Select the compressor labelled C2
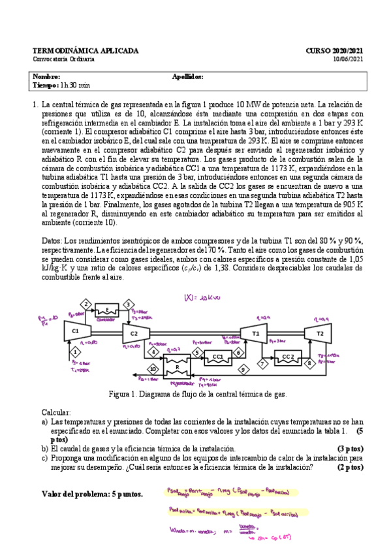[x=133, y=333]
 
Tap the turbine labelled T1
[x=255, y=333]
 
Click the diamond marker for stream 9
[x=242, y=370]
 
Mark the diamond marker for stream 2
[x=86, y=303]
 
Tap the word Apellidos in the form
[x=187, y=76]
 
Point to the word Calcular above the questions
[x=56, y=414]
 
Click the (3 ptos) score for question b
[x=349, y=449]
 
